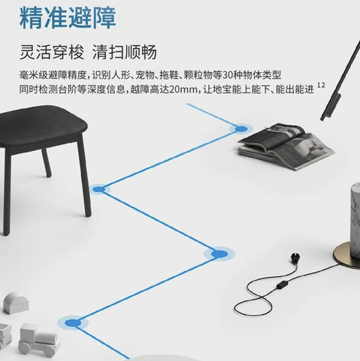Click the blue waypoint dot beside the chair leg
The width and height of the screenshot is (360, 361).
point(99,188)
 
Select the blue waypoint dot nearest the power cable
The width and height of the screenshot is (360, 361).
point(219,254)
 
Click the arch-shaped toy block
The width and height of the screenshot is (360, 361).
point(17,301)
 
